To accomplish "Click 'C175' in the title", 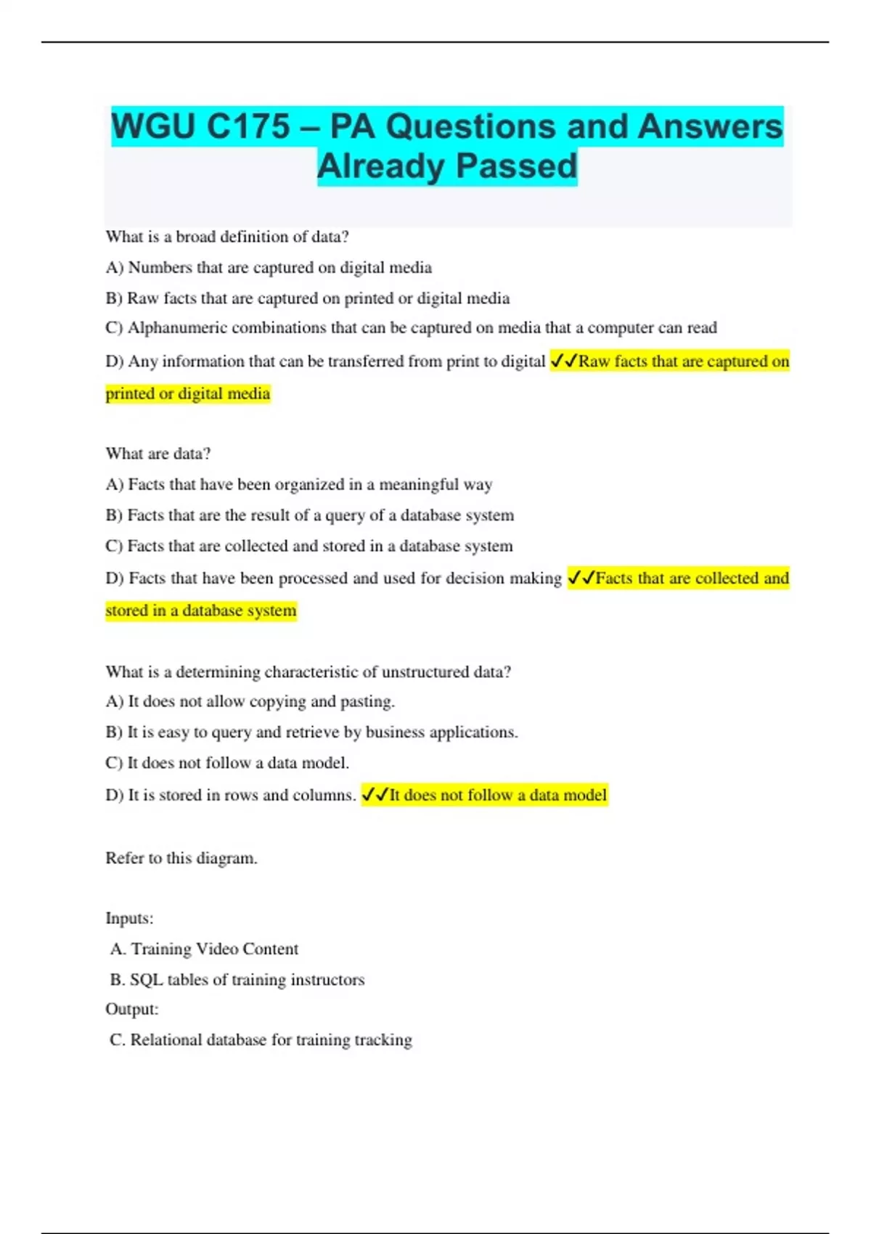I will pyautogui.click(x=248, y=127).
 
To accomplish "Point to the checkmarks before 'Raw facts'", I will pyautogui.click(x=563, y=361).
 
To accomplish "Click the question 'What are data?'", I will pyautogui.click(x=158, y=454).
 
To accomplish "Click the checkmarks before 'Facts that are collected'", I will pyautogui.click(x=581, y=578).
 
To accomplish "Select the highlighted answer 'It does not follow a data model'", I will pyautogui.click(x=497, y=796).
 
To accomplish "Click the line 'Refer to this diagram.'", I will pyautogui.click(x=181, y=858).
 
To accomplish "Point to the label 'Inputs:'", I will pyautogui.click(x=129, y=918).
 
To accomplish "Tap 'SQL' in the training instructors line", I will pyautogui.click(x=146, y=980).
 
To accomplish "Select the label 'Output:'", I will pyautogui.click(x=131, y=1009).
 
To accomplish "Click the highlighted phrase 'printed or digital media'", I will pyautogui.click(x=188, y=393).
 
